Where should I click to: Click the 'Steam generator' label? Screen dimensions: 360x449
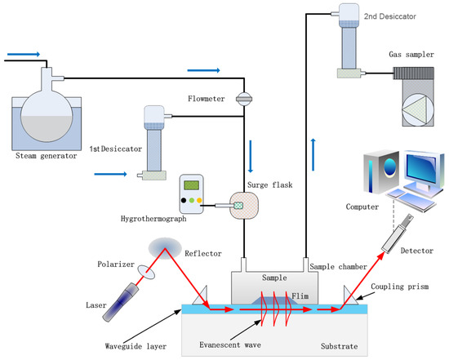42,158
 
